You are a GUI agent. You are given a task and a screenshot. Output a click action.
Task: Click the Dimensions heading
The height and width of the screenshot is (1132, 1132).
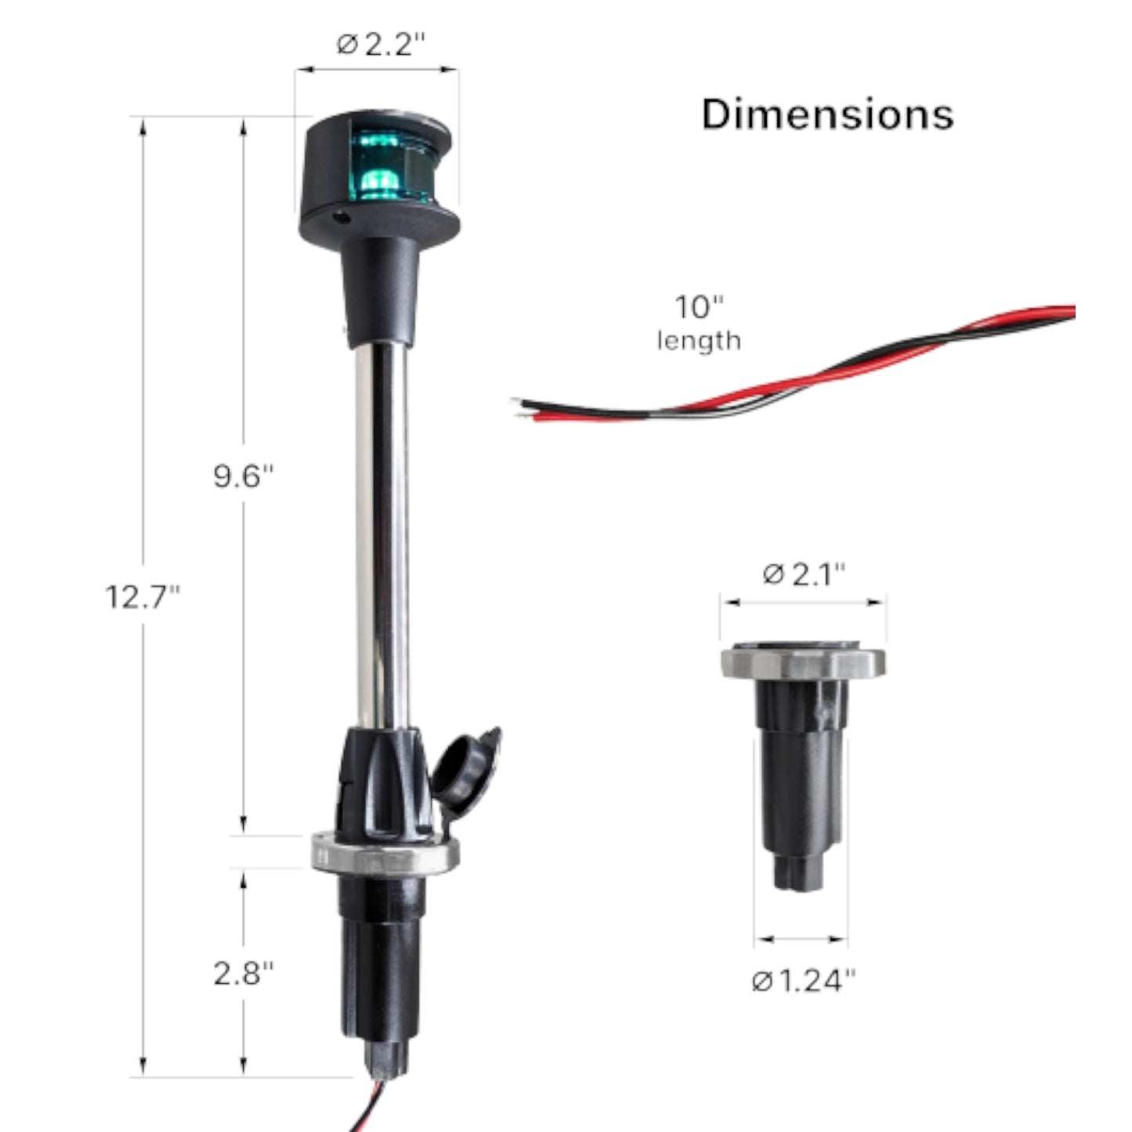828,114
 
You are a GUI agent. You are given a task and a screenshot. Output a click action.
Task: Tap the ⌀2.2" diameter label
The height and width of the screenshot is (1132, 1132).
381,44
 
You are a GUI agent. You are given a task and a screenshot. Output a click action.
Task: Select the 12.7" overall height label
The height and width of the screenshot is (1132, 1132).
143,597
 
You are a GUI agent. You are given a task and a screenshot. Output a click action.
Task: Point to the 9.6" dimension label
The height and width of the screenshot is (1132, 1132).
243,476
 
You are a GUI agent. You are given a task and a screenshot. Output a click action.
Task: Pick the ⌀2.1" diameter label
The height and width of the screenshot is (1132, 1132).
804,574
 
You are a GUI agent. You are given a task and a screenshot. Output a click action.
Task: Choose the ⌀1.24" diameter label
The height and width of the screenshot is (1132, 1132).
804,981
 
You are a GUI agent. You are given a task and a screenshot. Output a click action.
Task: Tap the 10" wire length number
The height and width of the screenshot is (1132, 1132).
699,306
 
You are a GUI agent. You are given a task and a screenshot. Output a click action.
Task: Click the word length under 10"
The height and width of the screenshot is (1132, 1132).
699,342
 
